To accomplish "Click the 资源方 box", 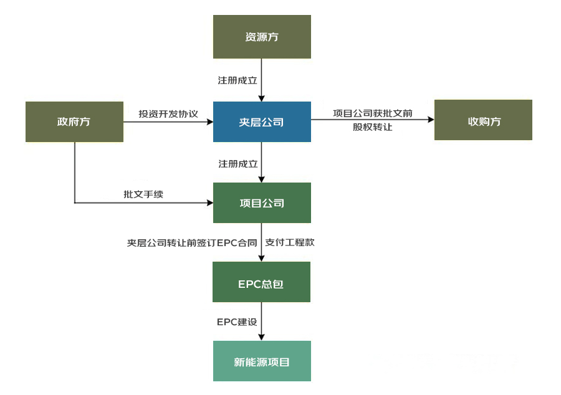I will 262,37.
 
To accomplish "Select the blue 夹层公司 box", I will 262,121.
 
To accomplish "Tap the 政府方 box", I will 74,121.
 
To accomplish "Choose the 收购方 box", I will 483,120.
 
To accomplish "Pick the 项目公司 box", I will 262,202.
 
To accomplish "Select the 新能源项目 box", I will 262,361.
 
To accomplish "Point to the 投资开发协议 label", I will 168,114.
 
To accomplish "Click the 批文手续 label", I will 143,194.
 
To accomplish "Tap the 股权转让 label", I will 372,127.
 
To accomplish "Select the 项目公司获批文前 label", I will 372,113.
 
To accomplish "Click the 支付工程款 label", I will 290,242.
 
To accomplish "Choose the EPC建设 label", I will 236,322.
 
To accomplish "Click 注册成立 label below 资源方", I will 237,80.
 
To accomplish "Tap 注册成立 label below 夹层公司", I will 237,163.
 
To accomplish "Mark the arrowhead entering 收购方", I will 430,121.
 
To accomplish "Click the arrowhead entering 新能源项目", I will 262,337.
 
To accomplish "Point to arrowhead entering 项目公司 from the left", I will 209,202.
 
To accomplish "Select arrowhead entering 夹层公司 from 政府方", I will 209,121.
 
